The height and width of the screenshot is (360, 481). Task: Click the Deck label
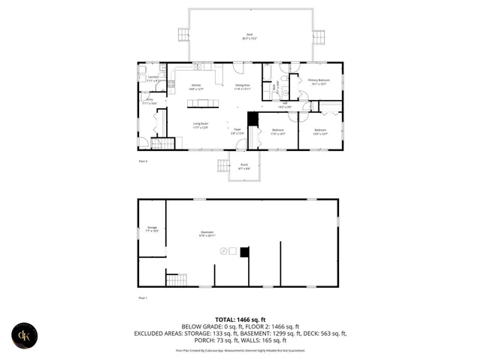pos(248,35)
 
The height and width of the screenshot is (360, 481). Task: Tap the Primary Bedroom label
pos(319,80)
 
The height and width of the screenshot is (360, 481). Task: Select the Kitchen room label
pos(196,86)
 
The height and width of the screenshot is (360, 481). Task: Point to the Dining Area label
pos(242,86)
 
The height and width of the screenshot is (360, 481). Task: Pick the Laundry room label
pos(153,78)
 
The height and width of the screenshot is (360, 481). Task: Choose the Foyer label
pos(237,131)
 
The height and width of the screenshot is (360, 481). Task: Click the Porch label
pos(244,165)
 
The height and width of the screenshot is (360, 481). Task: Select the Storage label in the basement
pos(152,228)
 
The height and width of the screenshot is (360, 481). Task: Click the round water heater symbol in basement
pos(223,251)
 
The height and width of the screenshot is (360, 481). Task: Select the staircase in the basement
pos(176,280)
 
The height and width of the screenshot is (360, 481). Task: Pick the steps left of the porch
pos(223,165)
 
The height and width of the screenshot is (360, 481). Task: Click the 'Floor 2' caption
pos(143,161)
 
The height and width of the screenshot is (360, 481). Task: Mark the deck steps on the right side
pos(319,36)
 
